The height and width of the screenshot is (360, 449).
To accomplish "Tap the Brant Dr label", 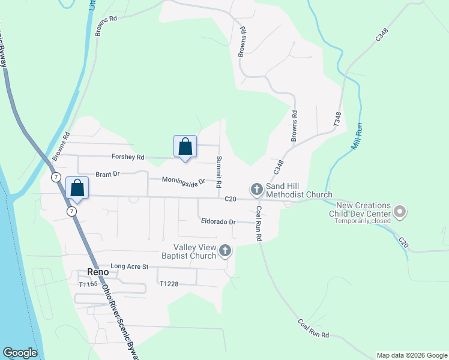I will coord(108,173).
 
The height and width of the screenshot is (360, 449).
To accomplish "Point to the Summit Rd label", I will coord(219,170).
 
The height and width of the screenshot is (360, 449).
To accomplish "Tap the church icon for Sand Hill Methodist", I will coord(257,190).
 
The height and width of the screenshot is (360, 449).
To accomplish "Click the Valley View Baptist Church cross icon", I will coord(225,251).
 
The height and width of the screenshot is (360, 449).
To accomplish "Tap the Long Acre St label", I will coord(129,266).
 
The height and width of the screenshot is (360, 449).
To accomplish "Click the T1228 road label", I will coord(170,283).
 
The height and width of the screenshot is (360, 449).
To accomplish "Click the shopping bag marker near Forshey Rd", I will coord(185,147).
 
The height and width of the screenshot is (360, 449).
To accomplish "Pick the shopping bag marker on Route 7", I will coord(77,188).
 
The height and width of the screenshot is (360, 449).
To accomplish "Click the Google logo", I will coord(20,353).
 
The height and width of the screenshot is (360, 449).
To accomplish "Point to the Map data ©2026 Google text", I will coord(412,355).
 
